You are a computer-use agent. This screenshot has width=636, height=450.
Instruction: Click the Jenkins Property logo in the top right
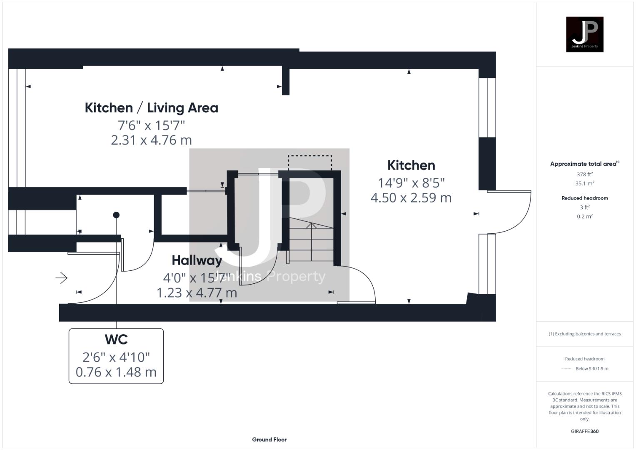[x=584, y=34]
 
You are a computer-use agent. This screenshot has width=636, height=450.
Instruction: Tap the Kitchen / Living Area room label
[x=151, y=107]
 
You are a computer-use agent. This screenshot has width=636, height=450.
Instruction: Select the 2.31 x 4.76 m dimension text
[x=151, y=140]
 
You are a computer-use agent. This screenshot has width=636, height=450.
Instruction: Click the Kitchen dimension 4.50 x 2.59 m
[x=411, y=197]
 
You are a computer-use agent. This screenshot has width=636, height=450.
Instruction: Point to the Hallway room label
[x=197, y=260]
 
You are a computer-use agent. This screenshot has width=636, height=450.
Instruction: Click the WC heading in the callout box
[x=116, y=340]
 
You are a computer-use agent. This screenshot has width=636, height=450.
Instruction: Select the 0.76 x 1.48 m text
[x=116, y=372]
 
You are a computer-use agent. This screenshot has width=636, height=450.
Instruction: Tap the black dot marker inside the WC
[x=116, y=215]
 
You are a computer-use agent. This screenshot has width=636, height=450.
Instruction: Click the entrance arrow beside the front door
[x=62, y=278]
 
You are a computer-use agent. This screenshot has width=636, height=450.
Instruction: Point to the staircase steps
[x=311, y=244]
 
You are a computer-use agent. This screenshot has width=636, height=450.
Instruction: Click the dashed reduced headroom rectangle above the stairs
[x=310, y=162]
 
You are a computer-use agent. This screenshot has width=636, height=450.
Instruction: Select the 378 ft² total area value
[x=584, y=175]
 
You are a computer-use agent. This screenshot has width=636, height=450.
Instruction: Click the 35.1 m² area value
[x=584, y=183]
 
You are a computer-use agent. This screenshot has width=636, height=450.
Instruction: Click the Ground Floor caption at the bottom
[x=269, y=440]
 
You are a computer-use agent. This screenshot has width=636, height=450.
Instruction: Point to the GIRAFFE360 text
[x=584, y=431]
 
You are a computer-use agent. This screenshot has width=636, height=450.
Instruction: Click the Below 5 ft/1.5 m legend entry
[x=591, y=369]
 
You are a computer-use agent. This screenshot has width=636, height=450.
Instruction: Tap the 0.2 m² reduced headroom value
[x=584, y=216]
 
